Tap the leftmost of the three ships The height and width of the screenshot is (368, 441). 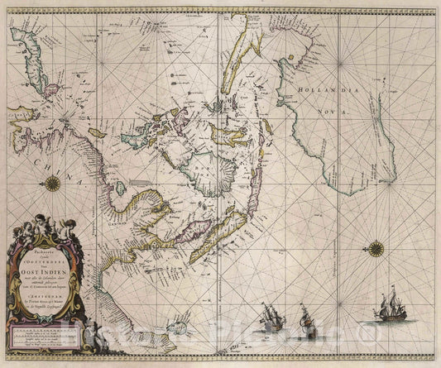click(x=271, y=315)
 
